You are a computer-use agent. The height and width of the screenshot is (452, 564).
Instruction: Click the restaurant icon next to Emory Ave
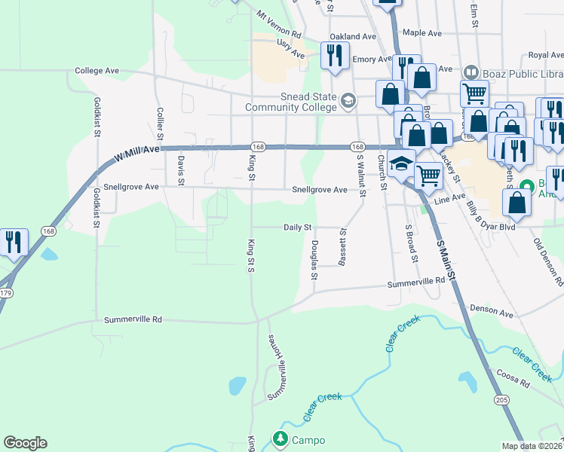click(x=333, y=55)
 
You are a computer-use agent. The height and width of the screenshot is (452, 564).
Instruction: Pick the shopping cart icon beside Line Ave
click(x=428, y=176)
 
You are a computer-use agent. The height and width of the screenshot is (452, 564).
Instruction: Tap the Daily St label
click(x=298, y=227)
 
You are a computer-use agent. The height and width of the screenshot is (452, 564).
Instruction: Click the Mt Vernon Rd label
click(x=278, y=25)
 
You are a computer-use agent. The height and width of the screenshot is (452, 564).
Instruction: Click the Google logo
click(x=25, y=443)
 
